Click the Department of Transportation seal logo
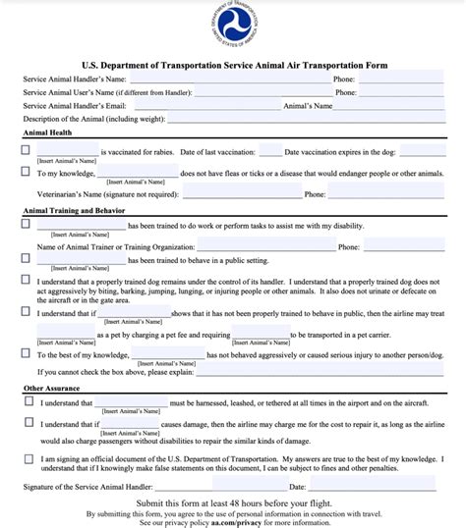233,26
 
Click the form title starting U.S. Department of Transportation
233,66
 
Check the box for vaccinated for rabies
27,151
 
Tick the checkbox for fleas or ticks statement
27,172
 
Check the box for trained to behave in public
27,259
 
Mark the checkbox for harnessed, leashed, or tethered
27,402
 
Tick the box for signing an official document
27,457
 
